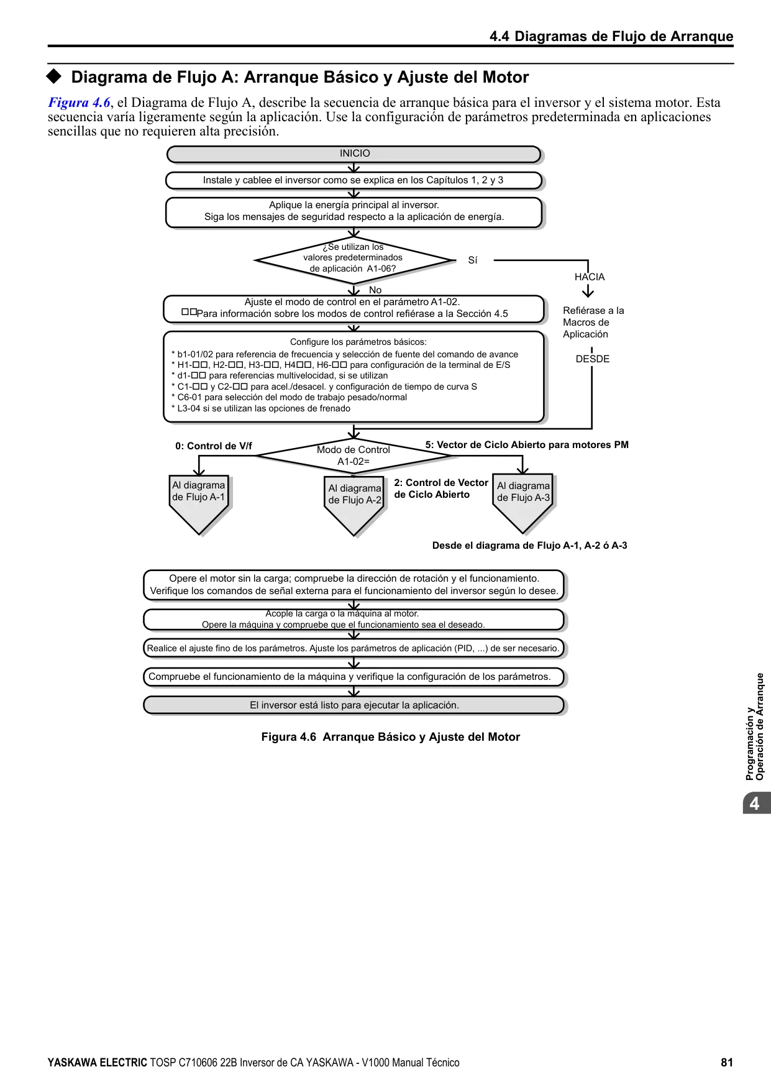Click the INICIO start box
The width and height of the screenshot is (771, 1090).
354,154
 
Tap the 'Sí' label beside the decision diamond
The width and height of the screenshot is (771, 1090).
473,260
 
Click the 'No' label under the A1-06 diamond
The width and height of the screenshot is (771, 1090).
375,290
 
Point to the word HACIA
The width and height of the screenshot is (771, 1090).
590,277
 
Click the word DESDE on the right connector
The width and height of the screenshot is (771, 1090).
593,359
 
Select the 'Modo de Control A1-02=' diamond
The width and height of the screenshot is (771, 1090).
354,456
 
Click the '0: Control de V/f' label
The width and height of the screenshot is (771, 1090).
214,446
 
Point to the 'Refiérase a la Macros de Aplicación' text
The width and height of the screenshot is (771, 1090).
593,323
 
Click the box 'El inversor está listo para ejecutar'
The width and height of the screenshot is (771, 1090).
354,705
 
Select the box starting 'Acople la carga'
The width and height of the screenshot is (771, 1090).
354,620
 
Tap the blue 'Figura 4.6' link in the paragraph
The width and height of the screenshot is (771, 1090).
80,103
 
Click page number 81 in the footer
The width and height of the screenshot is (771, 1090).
727,1063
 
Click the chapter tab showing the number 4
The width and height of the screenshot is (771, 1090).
756,803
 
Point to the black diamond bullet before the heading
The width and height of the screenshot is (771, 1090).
55,76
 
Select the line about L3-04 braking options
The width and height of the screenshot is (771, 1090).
261,409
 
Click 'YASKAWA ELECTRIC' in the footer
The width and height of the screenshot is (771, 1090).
98,1063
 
